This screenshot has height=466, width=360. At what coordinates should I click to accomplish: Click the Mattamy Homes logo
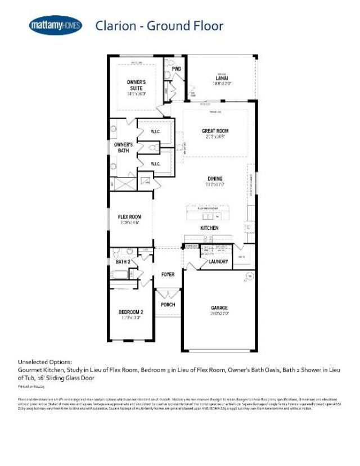tap(55, 25)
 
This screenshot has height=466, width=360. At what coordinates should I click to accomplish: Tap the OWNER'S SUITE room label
tap(136, 85)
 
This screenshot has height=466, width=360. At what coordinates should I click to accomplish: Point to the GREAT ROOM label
tap(215, 131)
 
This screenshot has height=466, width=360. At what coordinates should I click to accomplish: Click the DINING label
tap(215, 178)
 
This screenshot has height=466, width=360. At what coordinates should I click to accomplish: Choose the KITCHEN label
tap(210, 228)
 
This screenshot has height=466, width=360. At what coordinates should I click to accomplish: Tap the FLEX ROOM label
tap(129, 216)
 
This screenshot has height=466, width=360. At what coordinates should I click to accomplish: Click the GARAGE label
tap(219, 307)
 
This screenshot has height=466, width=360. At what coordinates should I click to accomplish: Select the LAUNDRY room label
tap(218, 261)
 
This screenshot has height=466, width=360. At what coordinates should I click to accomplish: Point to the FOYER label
tap(168, 274)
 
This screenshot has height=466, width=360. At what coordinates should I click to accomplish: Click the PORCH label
tap(168, 305)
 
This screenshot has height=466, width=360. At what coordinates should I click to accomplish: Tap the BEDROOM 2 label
tap(130, 312)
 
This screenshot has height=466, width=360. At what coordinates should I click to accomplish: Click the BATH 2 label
tap(122, 261)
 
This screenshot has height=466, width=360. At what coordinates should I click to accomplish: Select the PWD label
tap(168, 69)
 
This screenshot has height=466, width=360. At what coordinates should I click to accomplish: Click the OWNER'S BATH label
tap(123, 147)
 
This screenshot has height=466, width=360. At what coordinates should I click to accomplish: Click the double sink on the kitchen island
tap(209, 216)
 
